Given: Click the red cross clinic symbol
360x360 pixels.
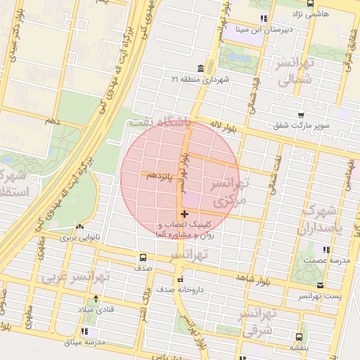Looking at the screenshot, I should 184,214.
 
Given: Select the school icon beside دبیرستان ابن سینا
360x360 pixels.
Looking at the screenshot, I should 263,19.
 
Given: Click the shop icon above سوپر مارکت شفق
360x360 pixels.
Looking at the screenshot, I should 301,115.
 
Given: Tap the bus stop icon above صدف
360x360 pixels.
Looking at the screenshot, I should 143,257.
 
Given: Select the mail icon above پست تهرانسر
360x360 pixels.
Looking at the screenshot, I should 321,285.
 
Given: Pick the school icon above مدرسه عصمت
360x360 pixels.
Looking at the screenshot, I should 324,250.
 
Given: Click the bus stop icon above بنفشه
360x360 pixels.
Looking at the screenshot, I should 299,336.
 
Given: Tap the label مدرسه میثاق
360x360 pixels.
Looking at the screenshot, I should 84,342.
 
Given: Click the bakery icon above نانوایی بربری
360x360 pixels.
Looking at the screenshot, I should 79,227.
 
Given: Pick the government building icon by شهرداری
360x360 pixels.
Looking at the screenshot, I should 201,68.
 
